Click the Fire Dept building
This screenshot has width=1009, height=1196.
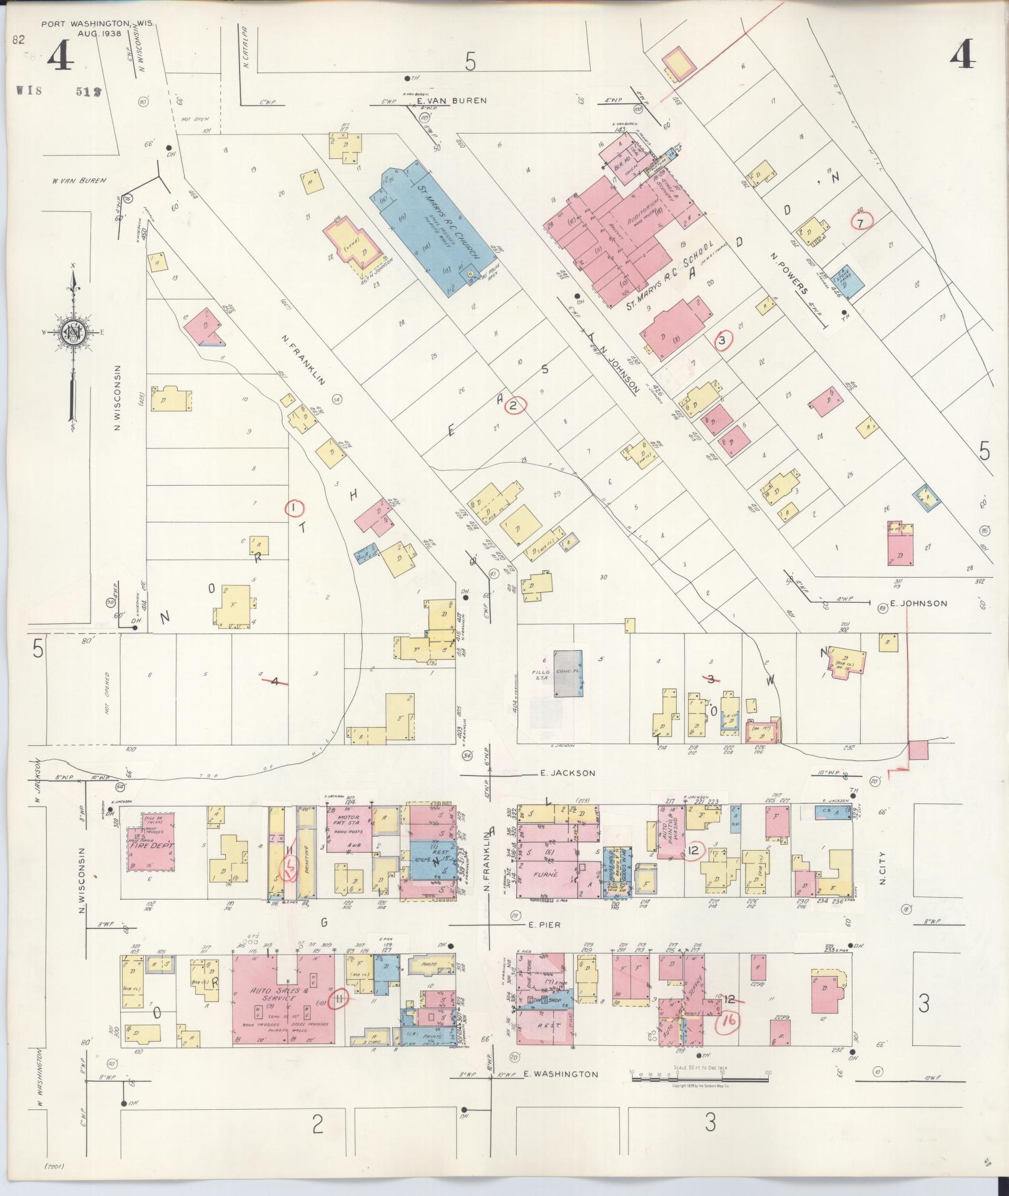pyautogui.click(x=151, y=845)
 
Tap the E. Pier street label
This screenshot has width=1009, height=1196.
pyautogui.click(x=542, y=925)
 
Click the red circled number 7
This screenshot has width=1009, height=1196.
pyautogui.click(x=861, y=222)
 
